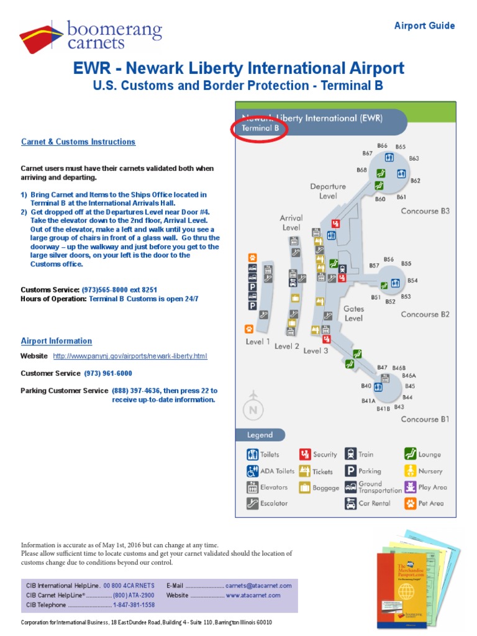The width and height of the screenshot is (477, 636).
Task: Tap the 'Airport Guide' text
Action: click(425, 25)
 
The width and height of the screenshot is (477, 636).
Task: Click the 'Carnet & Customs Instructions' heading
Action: click(78, 142)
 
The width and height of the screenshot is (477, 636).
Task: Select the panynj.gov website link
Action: click(130, 356)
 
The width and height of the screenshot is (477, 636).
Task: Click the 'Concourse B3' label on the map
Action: click(425, 211)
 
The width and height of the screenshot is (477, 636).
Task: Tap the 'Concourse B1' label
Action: click(425, 419)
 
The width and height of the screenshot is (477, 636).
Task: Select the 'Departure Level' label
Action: click(328, 191)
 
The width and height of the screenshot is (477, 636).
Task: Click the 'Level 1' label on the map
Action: click(258, 341)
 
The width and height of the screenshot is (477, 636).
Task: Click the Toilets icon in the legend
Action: click(252, 455)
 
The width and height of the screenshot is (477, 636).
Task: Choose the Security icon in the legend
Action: click(304, 455)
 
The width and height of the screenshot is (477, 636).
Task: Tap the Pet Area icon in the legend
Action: click(410, 503)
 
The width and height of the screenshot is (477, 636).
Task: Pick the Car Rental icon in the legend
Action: click(350, 503)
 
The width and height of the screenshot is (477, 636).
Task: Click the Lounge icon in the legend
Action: click(410, 455)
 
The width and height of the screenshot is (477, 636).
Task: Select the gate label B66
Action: click(382, 147)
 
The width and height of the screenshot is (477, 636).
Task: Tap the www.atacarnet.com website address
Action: click(253, 595)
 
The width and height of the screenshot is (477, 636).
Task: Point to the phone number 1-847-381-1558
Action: click(134, 604)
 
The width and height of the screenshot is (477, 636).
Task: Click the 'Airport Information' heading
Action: click(57, 341)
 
